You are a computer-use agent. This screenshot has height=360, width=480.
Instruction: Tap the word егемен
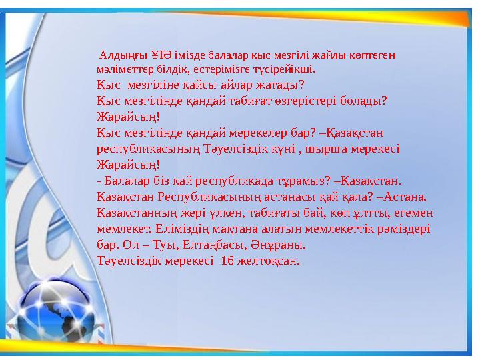[x=414, y=213]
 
